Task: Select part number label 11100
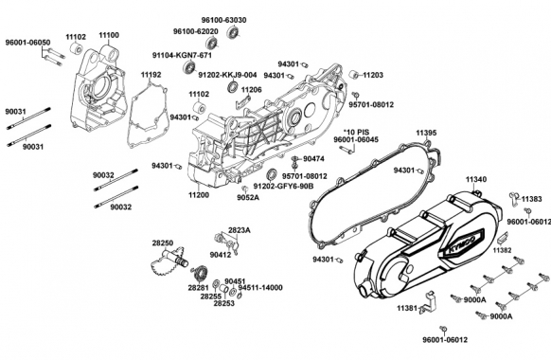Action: pos(109,35)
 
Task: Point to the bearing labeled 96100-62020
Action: pos(211,44)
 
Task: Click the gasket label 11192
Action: pos(151,75)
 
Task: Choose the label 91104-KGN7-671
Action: pos(182,56)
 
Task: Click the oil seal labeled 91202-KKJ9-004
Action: pos(233,87)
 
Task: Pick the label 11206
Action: pos(251,90)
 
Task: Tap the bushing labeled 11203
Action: pos(354,75)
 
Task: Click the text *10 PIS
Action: pos(356,133)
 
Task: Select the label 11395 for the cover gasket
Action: pos(427,134)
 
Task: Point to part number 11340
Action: pos(476,180)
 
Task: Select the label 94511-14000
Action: pos(260,288)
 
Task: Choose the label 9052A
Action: pos(248,198)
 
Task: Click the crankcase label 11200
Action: pos(199,195)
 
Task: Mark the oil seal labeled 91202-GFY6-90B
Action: pos(273,174)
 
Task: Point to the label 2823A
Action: pos(240,230)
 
